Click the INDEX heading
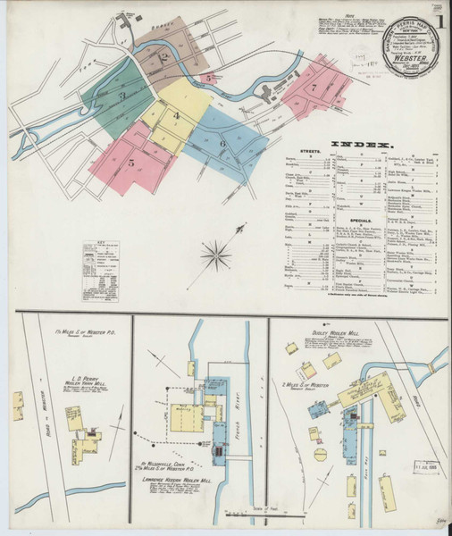(x=361, y=146)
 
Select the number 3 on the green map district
(x=122, y=94)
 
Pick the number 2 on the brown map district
(x=163, y=59)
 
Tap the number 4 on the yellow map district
(x=177, y=116)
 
